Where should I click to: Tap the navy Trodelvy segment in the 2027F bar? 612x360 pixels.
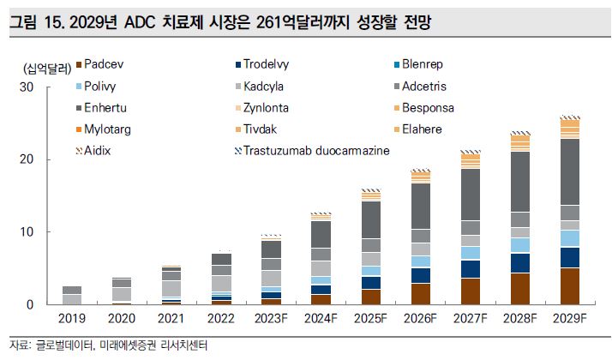[x=471, y=269]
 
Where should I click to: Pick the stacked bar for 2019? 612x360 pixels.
[x=72, y=296]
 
